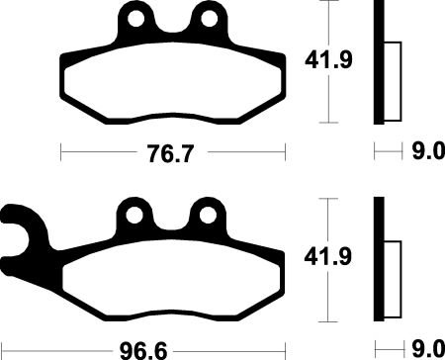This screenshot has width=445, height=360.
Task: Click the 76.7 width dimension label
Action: [170, 153]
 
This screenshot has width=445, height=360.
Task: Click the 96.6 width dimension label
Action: [143, 351]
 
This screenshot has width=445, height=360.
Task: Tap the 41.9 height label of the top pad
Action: [328, 60]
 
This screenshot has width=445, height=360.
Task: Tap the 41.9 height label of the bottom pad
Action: [327, 257]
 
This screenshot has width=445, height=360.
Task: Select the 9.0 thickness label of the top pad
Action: [428, 151]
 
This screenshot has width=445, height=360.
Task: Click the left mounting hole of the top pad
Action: [136, 19]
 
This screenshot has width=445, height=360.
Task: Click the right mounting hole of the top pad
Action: [209, 19]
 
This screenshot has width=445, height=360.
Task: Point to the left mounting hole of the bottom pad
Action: [134, 216]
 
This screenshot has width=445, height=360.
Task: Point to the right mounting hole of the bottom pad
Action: [208, 216]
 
